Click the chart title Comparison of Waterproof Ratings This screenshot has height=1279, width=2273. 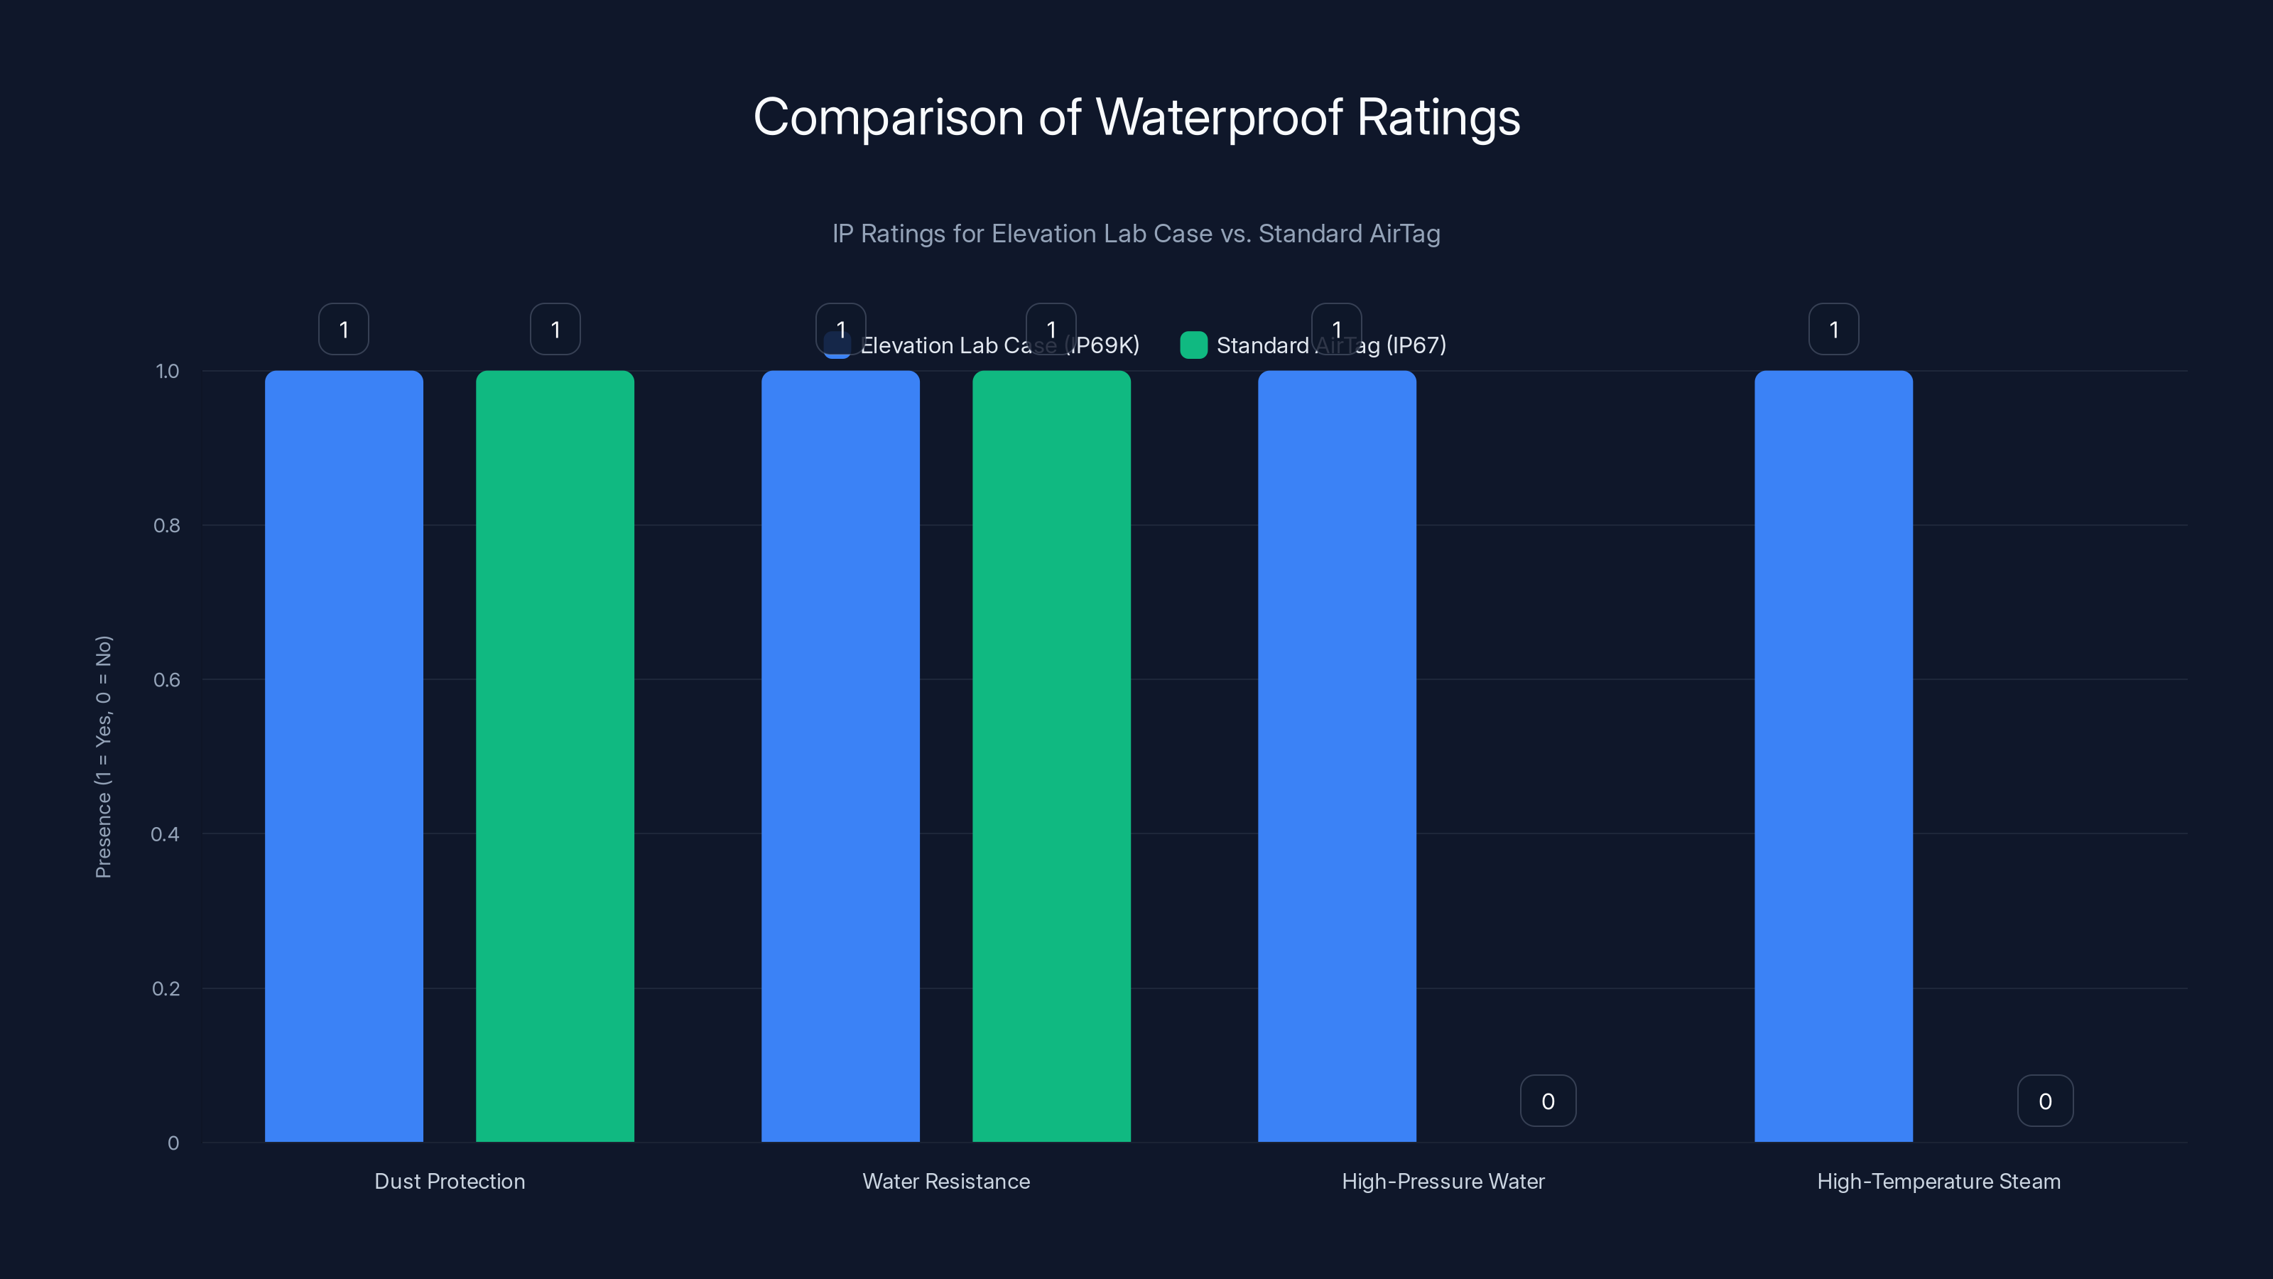pos(1136,117)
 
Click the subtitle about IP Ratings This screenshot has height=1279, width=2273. pos(1136,234)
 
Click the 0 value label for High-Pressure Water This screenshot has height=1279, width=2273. pos(1548,1101)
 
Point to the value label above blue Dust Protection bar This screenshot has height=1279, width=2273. pos(343,329)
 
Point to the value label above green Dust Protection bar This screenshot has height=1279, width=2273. pos(555,329)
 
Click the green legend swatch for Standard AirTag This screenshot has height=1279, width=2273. pos(1193,345)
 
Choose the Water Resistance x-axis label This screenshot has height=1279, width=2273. pos(946,1181)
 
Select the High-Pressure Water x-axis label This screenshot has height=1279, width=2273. pos(1443,1181)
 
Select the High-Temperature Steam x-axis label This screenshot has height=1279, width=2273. pos(1938,1181)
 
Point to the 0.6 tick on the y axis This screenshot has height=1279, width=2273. pos(167,680)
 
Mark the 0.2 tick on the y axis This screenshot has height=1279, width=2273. pos(166,988)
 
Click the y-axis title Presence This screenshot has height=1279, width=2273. pos(103,757)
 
